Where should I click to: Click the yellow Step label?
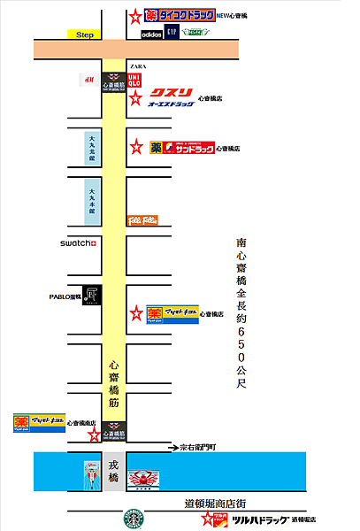[x=85, y=35]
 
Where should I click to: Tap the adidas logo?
[x=151, y=34]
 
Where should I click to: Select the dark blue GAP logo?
[x=172, y=33]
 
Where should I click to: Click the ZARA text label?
[x=137, y=66]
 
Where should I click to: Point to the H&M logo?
[x=88, y=80]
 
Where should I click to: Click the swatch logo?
[x=78, y=242]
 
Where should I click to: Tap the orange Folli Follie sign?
[x=142, y=218]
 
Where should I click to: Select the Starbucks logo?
[x=133, y=519]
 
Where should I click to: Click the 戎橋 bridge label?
[x=113, y=470]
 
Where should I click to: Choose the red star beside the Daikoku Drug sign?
[x=134, y=17]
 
